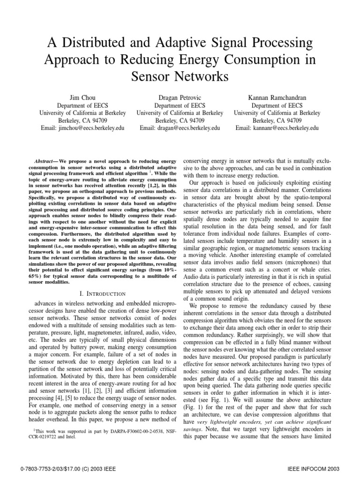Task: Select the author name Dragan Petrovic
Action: tap(180, 97)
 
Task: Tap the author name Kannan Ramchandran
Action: tap(277, 97)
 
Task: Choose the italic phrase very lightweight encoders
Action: tap(232, 421)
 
